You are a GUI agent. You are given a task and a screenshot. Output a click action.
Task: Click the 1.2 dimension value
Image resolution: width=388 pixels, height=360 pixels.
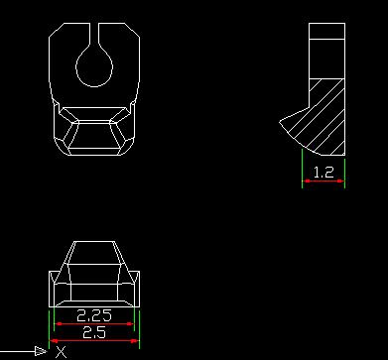323,173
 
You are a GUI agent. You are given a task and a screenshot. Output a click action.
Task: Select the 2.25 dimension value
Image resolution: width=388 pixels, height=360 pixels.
94,315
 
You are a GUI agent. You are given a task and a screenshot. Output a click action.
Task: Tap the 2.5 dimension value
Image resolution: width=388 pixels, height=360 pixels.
94,332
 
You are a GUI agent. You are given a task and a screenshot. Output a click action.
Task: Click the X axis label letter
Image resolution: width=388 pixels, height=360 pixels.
62,352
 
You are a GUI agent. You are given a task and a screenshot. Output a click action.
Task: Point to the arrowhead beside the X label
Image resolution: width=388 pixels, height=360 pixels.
41,351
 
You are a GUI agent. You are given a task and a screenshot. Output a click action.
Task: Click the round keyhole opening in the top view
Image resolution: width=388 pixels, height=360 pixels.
94,66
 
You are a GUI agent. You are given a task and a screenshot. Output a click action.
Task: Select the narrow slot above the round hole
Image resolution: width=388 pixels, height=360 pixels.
94,34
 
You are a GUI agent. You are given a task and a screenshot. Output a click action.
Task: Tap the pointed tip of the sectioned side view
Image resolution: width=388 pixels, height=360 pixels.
280,122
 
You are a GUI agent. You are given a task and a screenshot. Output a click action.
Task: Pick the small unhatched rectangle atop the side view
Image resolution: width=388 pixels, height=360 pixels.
326,31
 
